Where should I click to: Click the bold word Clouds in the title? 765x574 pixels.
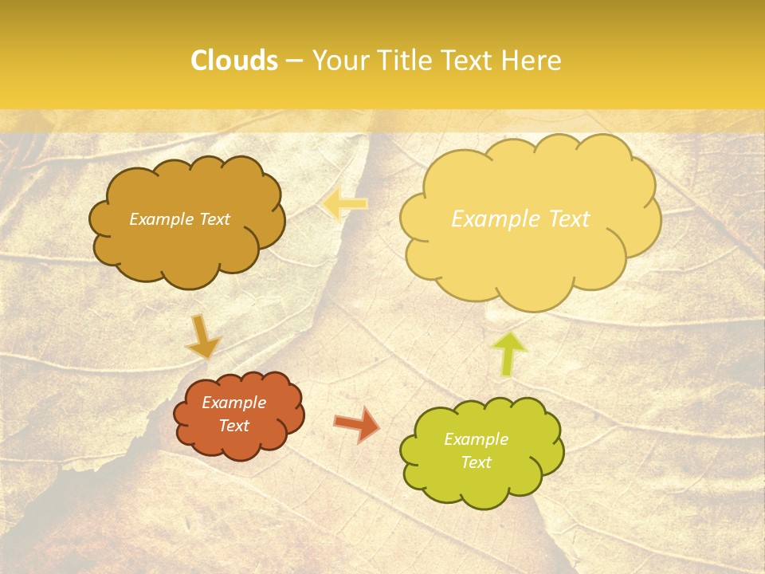click(233, 61)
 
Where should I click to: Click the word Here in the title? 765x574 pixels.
click(531, 61)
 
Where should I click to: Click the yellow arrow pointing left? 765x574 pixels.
click(345, 205)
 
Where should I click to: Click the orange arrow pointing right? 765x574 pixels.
click(357, 424)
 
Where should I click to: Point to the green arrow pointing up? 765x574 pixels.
click(509, 354)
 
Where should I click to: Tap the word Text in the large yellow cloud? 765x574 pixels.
click(563, 219)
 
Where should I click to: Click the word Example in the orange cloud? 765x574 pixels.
click(234, 403)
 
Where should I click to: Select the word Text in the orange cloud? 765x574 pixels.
click(234, 426)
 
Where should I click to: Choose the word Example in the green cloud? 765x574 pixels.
click(476, 439)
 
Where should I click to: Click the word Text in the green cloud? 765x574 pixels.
click(476, 462)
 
